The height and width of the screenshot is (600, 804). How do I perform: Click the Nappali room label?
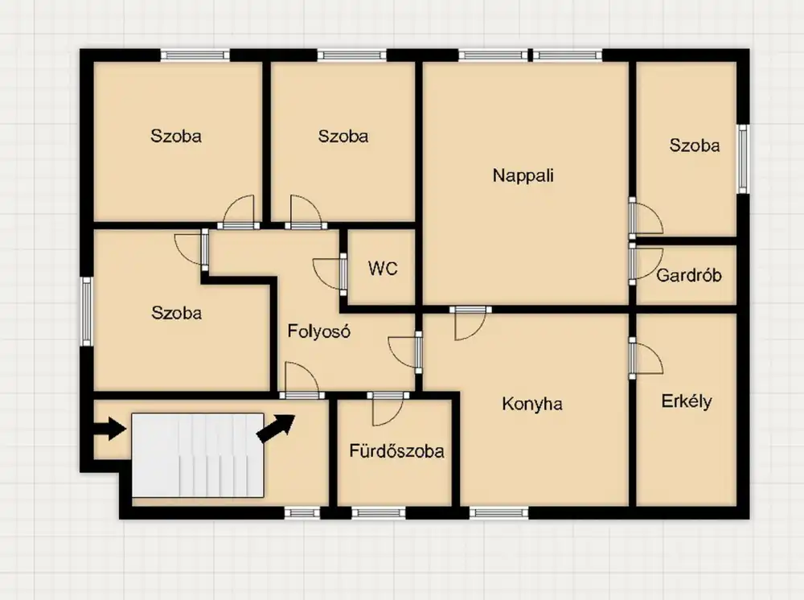coord(523,176)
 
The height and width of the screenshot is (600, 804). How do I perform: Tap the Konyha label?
coord(531,404)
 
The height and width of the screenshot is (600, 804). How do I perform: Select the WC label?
coord(383,268)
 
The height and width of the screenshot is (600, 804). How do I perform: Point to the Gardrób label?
coord(689,275)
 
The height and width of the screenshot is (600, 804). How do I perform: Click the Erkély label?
coord(687,401)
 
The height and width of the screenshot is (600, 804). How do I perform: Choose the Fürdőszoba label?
coord(396,450)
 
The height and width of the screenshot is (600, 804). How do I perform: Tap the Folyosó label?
coord(318,331)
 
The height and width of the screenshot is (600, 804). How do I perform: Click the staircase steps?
coord(198,455)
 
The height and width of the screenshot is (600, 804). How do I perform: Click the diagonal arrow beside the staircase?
coord(275,428)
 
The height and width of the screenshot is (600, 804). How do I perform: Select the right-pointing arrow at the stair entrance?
coord(109,428)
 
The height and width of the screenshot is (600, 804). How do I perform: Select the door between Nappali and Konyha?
coord(470,323)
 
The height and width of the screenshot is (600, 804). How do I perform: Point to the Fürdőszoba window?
coord(379,513)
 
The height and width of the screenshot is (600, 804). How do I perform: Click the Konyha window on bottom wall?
coord(498,513)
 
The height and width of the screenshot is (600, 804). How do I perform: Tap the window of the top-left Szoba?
coord(195,55)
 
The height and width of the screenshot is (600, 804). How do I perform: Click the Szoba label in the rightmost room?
coord(695,146)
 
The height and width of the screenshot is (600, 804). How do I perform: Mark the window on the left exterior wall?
coord(87,312)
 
